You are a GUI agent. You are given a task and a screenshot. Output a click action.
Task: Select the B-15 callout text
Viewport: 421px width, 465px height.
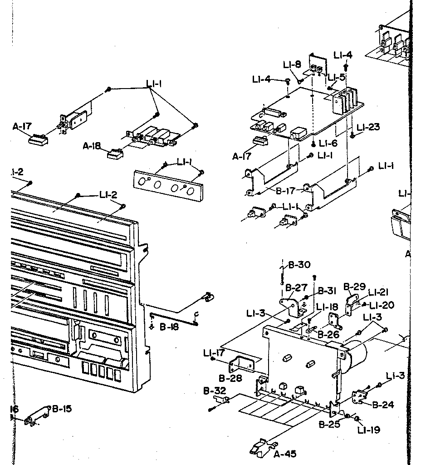(62, 408)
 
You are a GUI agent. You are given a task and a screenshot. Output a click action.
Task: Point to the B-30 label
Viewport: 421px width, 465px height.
(299, 265)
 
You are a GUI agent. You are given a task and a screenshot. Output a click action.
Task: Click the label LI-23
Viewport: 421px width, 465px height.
(368, 127)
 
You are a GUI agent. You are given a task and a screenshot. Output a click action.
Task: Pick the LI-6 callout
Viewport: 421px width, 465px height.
(328, 143)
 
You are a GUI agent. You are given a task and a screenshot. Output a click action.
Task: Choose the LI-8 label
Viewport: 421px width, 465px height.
(292, 65)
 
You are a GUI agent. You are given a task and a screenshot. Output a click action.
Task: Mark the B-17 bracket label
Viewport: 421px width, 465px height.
(285, 191)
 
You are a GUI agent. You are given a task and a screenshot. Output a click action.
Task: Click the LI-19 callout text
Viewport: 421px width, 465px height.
(368, 430)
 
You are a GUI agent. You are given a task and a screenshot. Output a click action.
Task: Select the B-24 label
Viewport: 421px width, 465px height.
(383, 405)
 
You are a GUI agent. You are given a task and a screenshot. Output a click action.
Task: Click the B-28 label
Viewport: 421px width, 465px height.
(230, 378)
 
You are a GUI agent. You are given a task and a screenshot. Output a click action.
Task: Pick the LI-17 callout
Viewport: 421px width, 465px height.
(214, 352)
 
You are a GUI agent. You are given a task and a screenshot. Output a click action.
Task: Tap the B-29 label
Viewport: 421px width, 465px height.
(354, 287)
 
